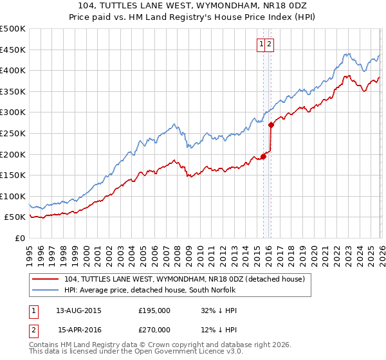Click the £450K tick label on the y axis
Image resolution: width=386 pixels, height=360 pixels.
click(x=13, y=50)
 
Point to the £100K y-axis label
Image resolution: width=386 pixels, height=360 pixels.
click(x=13, y=196)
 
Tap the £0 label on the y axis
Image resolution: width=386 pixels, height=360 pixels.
click(x=19, y=238)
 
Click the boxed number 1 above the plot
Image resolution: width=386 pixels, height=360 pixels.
click(x=262, y=44)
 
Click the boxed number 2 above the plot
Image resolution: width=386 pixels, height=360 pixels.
click(x=270, y=44)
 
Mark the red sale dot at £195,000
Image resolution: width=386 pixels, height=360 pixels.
click(x=263, y=156)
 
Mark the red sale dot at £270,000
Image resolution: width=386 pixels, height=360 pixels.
click(x=271, y=125)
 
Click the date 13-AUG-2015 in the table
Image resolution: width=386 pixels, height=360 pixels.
click(x=78, y=310)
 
